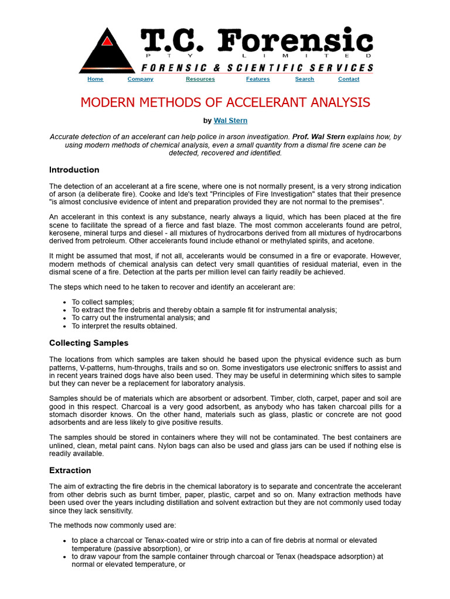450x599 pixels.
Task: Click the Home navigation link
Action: [95, 79]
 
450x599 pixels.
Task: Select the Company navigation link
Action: [140, 79]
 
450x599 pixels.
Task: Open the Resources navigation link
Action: [200, 79]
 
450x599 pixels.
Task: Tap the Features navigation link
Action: [258, 79]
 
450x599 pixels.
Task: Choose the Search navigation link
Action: [304, 79]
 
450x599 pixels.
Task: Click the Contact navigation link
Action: [349, 79]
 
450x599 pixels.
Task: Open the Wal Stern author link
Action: [230, 121]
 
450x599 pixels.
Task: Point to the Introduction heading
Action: [74, 170]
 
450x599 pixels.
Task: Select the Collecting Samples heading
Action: [88, 343]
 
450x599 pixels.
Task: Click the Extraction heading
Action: [70, 470]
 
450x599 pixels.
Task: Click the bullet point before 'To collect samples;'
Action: [63, 302]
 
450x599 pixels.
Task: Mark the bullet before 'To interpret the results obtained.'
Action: [63, 326]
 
